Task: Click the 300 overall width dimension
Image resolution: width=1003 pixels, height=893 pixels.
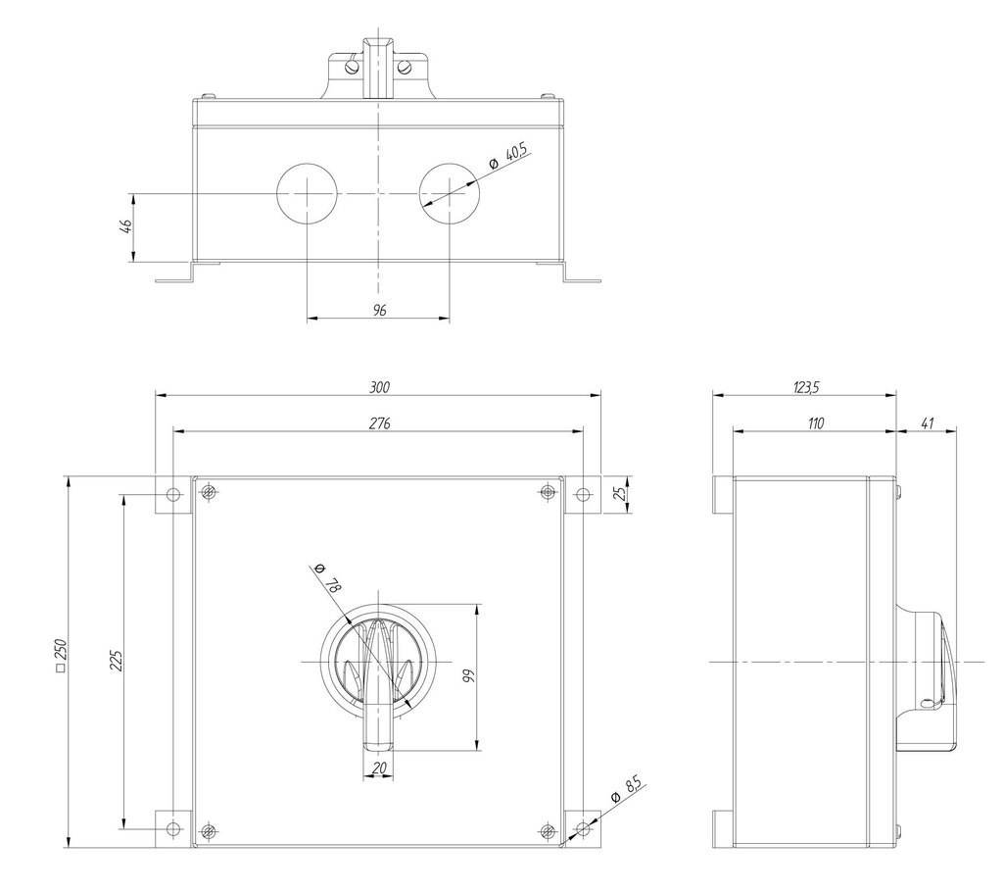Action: (x=378, y=387)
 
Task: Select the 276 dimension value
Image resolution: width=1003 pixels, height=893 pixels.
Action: (x=380, y=422)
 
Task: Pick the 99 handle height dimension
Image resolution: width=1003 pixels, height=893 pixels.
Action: (x=468, y=675)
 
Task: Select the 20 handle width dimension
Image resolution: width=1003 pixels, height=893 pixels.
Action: (x=379, y=769)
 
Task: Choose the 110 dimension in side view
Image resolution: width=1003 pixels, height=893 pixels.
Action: (x=815, y=422)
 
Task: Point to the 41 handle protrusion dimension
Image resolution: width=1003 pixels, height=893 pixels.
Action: (x=927, y=422)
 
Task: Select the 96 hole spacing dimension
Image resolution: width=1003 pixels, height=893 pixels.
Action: (x=380, y=310)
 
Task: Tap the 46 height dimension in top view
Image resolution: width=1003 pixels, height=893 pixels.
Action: (x=124, y=227)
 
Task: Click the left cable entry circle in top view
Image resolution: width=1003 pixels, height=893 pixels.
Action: (x=307, y=194)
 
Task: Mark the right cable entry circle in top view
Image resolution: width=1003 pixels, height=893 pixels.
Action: (x=450, y=194)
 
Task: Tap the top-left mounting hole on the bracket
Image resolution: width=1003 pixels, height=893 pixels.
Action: (x=173, y=494)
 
